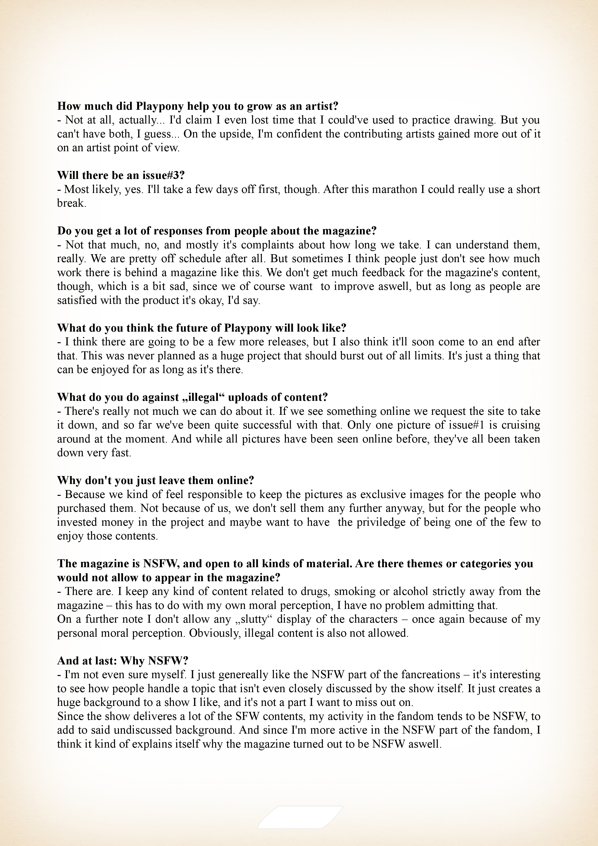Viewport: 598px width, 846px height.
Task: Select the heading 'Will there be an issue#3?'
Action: point(120,175)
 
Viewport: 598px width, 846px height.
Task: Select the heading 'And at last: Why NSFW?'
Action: point(123,661)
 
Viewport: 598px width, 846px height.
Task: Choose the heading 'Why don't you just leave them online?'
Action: point(156,480)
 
